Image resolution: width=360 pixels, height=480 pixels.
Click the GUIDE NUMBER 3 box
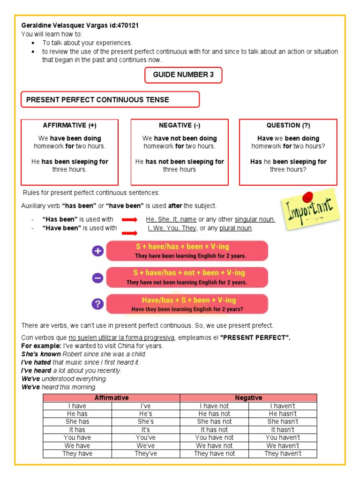click(183, 75)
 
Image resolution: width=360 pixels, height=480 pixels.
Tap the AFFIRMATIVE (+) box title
click(70, 126)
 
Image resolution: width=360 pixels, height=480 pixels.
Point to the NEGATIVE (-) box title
click(180, 126)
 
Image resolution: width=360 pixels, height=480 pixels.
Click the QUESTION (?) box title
click(288, 126)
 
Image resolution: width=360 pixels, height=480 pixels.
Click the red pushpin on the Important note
click(308, 196)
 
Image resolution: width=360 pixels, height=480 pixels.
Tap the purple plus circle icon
click(97, 251)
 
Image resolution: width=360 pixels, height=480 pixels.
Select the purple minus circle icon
click(97, 278)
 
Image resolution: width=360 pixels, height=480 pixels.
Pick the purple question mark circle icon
click(97, 305)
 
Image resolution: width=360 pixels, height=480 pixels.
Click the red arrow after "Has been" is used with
click(129, 219)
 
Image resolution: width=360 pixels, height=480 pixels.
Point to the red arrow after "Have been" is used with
click(129, 232)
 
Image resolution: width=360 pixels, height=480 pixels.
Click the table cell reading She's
click(146, 422)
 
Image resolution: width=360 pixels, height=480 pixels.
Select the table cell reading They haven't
click(283, 454)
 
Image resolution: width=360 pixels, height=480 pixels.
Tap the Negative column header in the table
click(248, 398)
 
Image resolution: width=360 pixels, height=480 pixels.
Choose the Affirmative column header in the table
click(112, 398)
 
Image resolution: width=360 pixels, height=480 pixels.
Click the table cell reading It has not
click(214, 430)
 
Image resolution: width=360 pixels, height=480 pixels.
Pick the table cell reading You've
click(146, 438)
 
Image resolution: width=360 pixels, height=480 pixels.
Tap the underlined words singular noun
click(255, 219)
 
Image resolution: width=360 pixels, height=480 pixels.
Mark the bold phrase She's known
click(41, 354)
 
